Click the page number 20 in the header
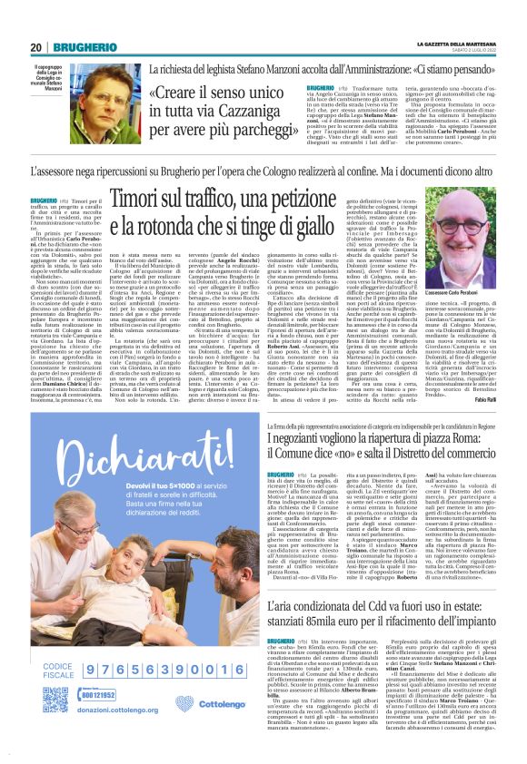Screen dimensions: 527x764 [x=37, y=47]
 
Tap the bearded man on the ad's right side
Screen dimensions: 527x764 [x=224, y=581]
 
